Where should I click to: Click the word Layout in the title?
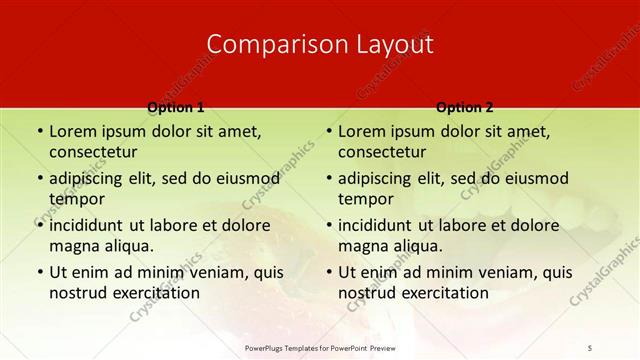point(388,44)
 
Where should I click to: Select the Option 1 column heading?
point(175,107)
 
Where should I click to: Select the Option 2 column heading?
point(464,107)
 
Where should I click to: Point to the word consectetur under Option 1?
point(93,152)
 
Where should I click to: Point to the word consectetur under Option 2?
point(382,152)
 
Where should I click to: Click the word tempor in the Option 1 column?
point(76,199)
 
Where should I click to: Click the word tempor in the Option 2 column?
point(365,199)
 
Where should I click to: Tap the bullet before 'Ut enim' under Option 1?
point(39,272)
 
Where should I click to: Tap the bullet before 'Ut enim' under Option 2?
point(328,272)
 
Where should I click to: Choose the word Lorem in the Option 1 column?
point(72,131)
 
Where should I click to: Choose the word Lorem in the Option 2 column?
point(361,131)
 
